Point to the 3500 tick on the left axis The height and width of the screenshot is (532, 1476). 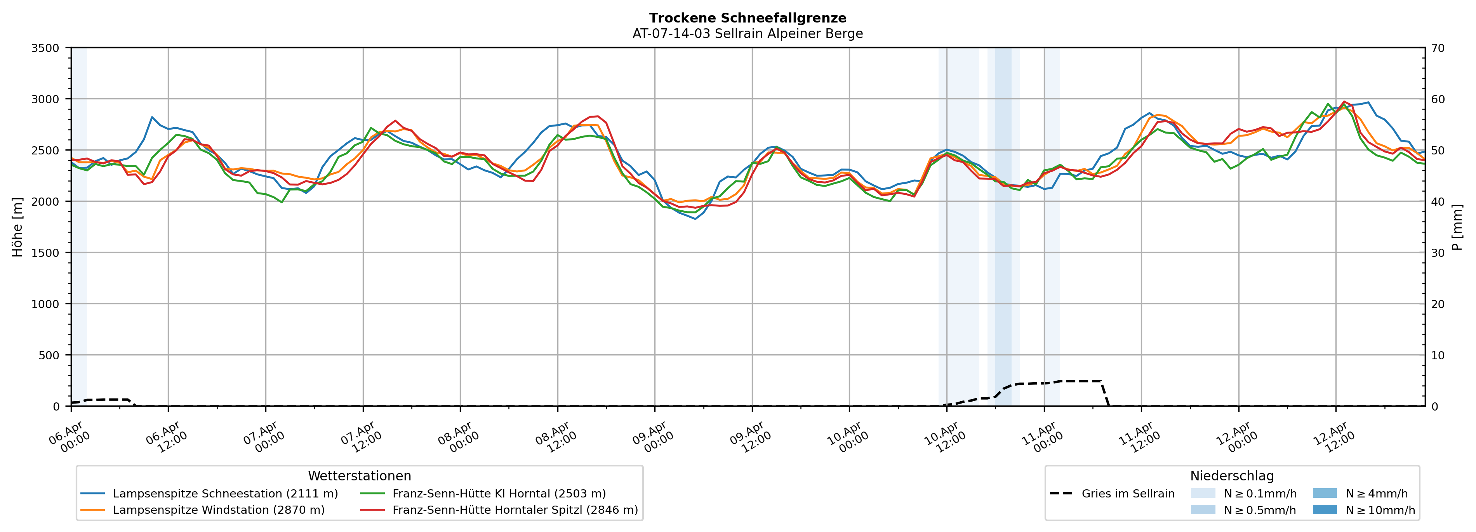pyautogui.click(x=45, y=48)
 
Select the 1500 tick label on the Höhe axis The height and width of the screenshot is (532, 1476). pyautogui.click(x=45, y=253)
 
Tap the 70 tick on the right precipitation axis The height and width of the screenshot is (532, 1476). pyautogui.click(x=1438, y=48)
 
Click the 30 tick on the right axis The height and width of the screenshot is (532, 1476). pyautogui.click(x=1438, y=253)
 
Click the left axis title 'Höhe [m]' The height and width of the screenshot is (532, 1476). pyautogui.click(x=18, y=227)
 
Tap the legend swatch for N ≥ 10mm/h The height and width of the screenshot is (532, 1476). pyautogui.click(x=1324, y=509)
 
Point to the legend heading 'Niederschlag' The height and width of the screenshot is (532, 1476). pyautogui.click(x=1232, y=476)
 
